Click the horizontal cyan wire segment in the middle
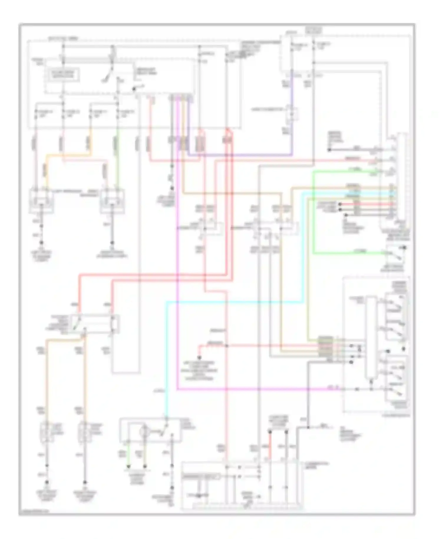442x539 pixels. [x=233, y=302]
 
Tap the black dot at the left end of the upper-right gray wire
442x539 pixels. [x=329, y=150]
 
